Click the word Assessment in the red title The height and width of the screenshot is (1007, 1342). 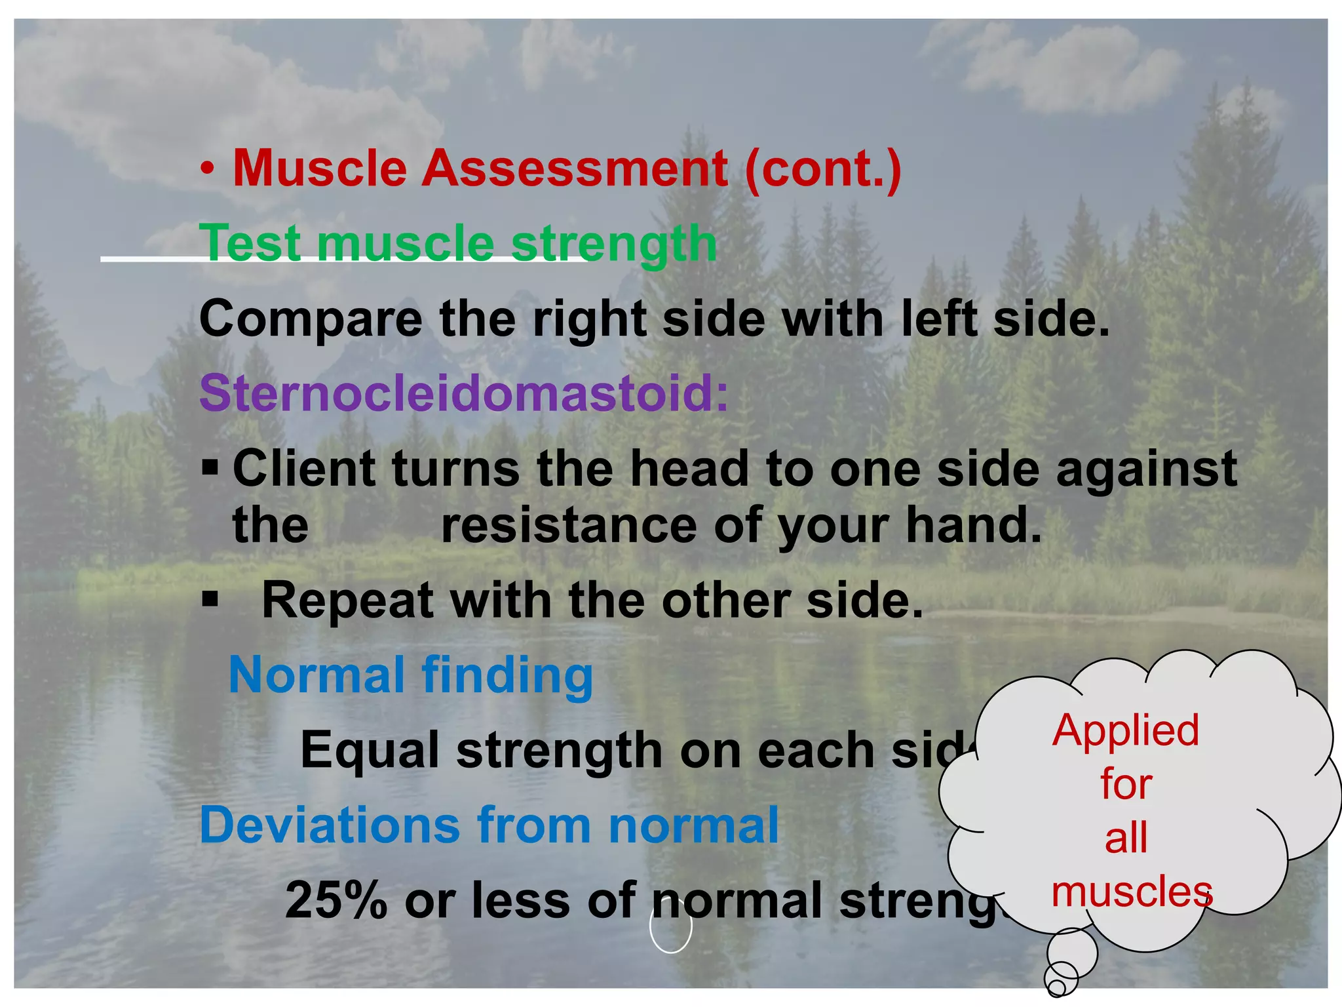(x=574, y=168)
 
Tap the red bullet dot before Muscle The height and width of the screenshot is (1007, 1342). (x=208, y=170)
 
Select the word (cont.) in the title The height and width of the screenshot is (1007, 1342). (x=823, y=168)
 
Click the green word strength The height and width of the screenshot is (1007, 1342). (x=613, y=244)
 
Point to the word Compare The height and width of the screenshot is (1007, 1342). (x=311, y=319)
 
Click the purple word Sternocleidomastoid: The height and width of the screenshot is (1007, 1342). (x=463, y=393)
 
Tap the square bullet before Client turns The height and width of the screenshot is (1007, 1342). (x=210, y=468)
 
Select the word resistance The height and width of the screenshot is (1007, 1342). (x=569, y=526)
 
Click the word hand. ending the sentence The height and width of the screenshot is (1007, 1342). (x=974, y=526)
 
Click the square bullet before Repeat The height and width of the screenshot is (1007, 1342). (x=210, y=599)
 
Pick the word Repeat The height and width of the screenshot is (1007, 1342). (x=347, y=601)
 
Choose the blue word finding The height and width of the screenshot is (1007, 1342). (x=507, y=675)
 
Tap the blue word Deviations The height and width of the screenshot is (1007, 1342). (x=330, y=825)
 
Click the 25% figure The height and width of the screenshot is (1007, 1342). (x=336, y=900)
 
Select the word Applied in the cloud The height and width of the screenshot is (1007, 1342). (x=1125, y=730)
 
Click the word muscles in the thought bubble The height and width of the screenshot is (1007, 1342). (x=1132, y=892)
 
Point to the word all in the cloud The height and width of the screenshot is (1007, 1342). (x=1126, y=838)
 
